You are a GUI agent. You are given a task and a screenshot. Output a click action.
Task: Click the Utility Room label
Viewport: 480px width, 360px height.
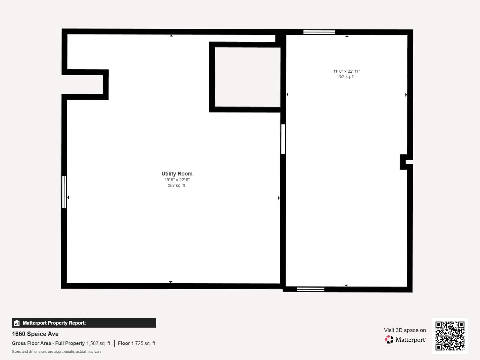(x=177, y=174)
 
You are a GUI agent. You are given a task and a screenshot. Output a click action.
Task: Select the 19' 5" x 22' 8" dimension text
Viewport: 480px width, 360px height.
(x=177, y=180)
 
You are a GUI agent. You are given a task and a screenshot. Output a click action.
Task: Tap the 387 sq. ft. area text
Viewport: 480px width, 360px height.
(x=177, y=185)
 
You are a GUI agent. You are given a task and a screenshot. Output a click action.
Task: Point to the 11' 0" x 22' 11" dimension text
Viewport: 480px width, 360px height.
(x=346, y=71)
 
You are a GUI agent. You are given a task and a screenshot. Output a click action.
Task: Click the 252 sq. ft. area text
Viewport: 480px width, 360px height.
(x=346, y=76)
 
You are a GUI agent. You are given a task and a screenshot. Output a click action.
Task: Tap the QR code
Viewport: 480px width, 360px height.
(x=450, y=336)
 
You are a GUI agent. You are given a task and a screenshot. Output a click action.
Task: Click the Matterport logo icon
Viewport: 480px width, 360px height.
(x=389, y=340)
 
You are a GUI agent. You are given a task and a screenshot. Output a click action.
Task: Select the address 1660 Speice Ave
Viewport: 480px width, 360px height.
(x=35, y=334)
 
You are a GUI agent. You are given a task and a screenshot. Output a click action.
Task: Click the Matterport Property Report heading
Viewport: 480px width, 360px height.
(x=54, y=323)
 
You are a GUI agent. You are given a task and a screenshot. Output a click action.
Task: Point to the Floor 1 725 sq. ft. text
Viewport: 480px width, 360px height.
(x=137, y=343)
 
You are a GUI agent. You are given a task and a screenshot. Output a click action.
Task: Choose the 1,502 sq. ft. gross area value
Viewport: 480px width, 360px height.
(x=99, y=343)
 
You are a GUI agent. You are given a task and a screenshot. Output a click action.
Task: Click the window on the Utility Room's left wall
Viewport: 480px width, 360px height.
(x=64, y=192)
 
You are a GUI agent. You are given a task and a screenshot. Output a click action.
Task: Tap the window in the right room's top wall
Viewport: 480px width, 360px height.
(x=319, y=32)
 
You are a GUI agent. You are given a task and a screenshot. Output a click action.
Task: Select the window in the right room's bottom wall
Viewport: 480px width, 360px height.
(x=310, y=289)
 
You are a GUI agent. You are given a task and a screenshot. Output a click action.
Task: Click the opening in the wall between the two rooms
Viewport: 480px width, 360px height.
(x=283, y=139)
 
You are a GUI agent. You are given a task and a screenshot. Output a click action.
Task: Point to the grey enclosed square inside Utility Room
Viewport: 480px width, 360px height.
(x=247, y=77)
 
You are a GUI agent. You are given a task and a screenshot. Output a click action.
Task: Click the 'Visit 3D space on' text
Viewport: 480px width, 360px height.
(x=405, y=330)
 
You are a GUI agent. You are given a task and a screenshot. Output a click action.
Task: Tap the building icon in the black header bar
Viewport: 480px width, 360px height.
(x=17, y=323)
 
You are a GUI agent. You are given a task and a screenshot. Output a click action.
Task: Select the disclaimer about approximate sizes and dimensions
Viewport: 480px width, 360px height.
(x=57, y=352)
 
